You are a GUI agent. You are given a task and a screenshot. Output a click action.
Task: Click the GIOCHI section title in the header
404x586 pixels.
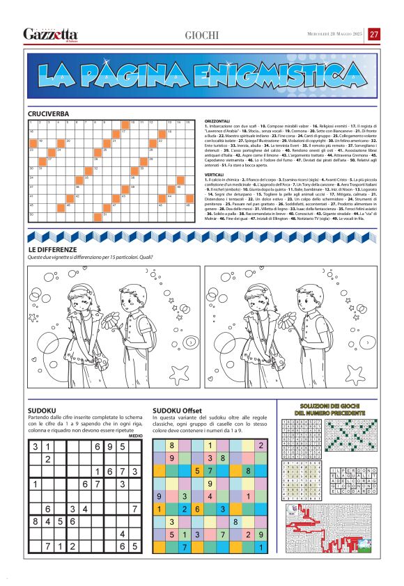[202, 35]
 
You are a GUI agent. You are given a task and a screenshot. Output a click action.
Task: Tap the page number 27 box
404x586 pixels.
[374, 34]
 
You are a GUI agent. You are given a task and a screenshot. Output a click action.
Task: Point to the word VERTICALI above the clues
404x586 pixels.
[211, 173]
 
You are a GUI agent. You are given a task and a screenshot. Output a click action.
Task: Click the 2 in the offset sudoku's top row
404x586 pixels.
[261, 445]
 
